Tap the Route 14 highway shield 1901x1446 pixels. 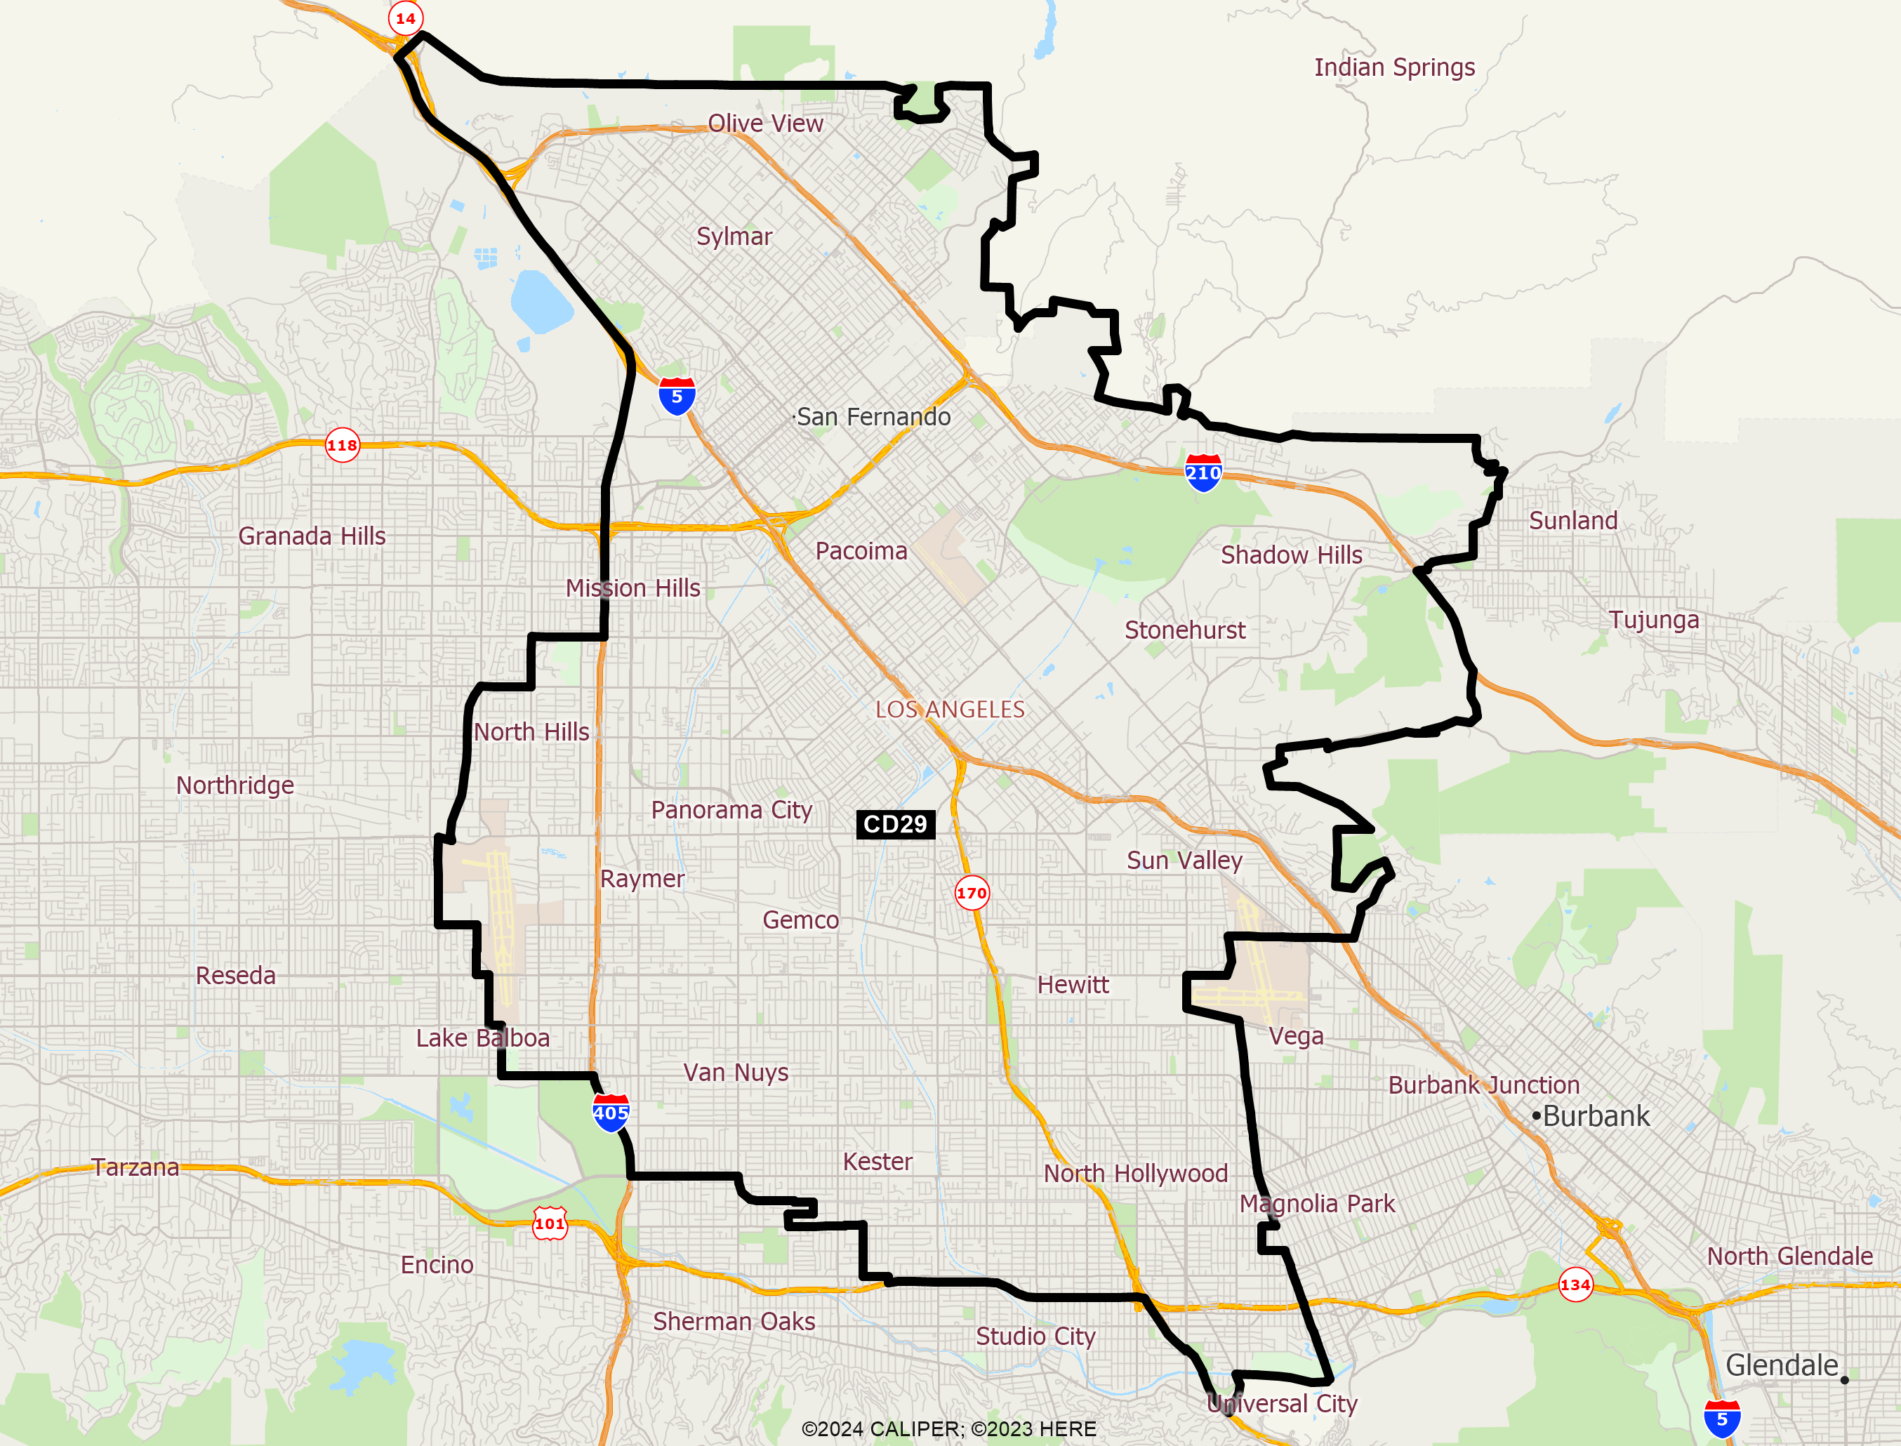point(405,18)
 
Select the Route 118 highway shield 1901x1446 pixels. point(342,445)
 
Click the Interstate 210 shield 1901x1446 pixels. point(1203,472)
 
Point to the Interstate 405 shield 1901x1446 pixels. point(610,1113)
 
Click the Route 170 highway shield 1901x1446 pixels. point(972,893)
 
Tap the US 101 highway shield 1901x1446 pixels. point(550,1223)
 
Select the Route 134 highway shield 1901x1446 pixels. point(1575,1285)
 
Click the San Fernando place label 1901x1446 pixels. point(873,416)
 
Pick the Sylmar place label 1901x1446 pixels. point(734,236)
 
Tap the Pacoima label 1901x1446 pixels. point(861,551)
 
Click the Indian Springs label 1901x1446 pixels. point(1394,67)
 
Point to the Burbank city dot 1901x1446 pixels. point(1536,1116)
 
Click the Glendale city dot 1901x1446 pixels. point(1844,1380)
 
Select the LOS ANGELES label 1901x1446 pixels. point(950,709)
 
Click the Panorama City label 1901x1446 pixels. point(731,810)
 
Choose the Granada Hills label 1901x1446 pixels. point(312,536)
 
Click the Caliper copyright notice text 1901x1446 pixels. point(948,1428)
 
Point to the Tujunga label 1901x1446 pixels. point(1654,620)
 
